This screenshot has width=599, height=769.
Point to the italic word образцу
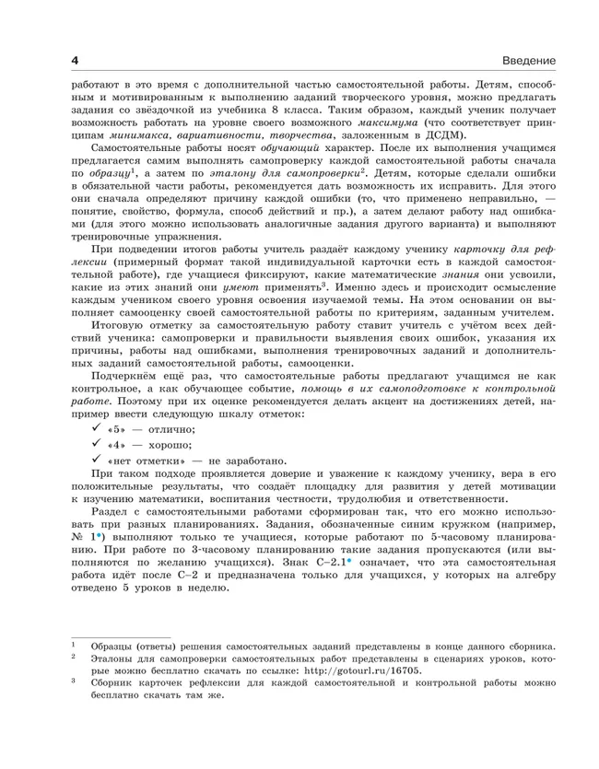pyautogui.click(x=103, y=176)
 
